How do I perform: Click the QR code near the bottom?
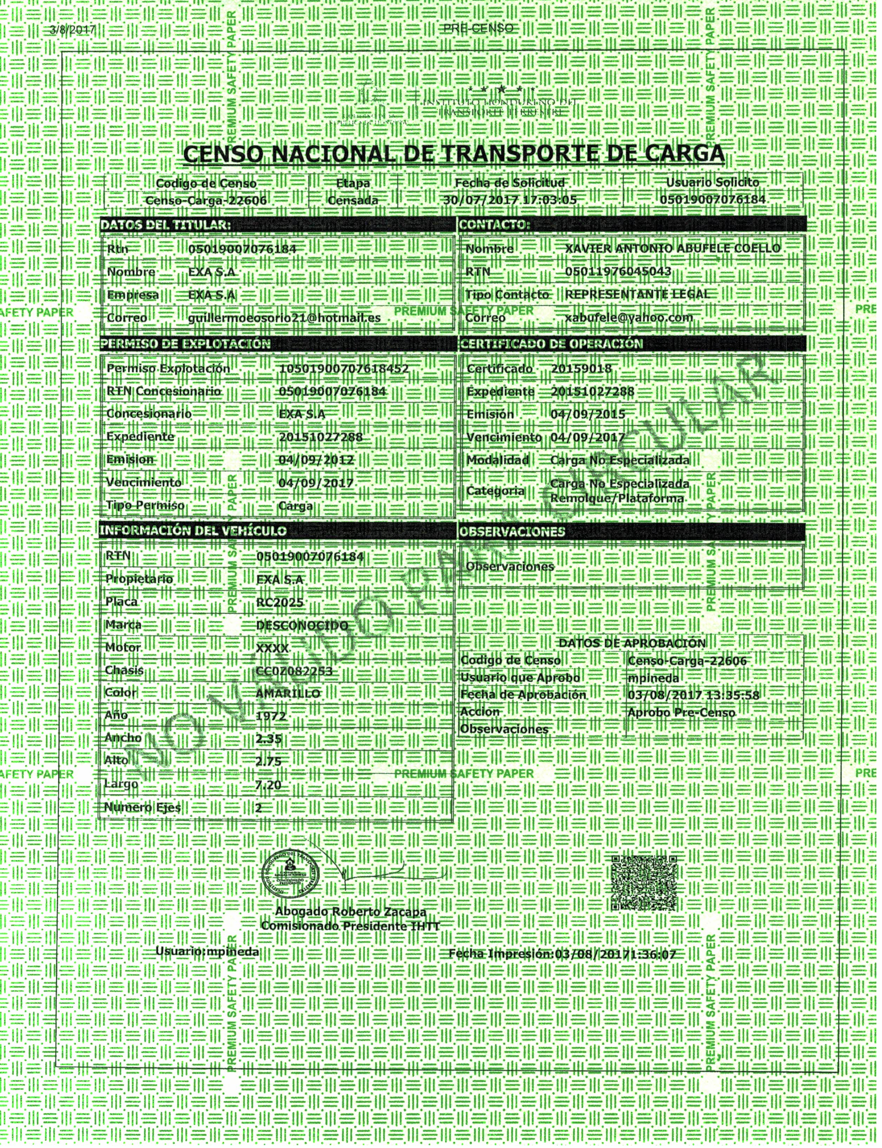pos(644,883)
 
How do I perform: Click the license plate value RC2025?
pos(280,602)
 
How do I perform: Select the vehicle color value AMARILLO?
pos(288,693)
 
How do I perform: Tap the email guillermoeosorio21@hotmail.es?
pos(284,318)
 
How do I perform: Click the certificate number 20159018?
pos(581,369)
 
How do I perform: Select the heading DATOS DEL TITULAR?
pos(165,225)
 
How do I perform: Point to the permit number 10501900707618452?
pos(344,369)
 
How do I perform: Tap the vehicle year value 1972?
pos(271,716)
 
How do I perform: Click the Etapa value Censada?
pos(353,200)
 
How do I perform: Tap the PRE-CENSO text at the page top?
pos(478,28)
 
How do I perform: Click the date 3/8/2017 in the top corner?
pos(72,29)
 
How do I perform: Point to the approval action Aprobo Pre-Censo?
pos(681,712)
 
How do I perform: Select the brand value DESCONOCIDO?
pos(302,625)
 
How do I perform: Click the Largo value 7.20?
pos(269,785)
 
